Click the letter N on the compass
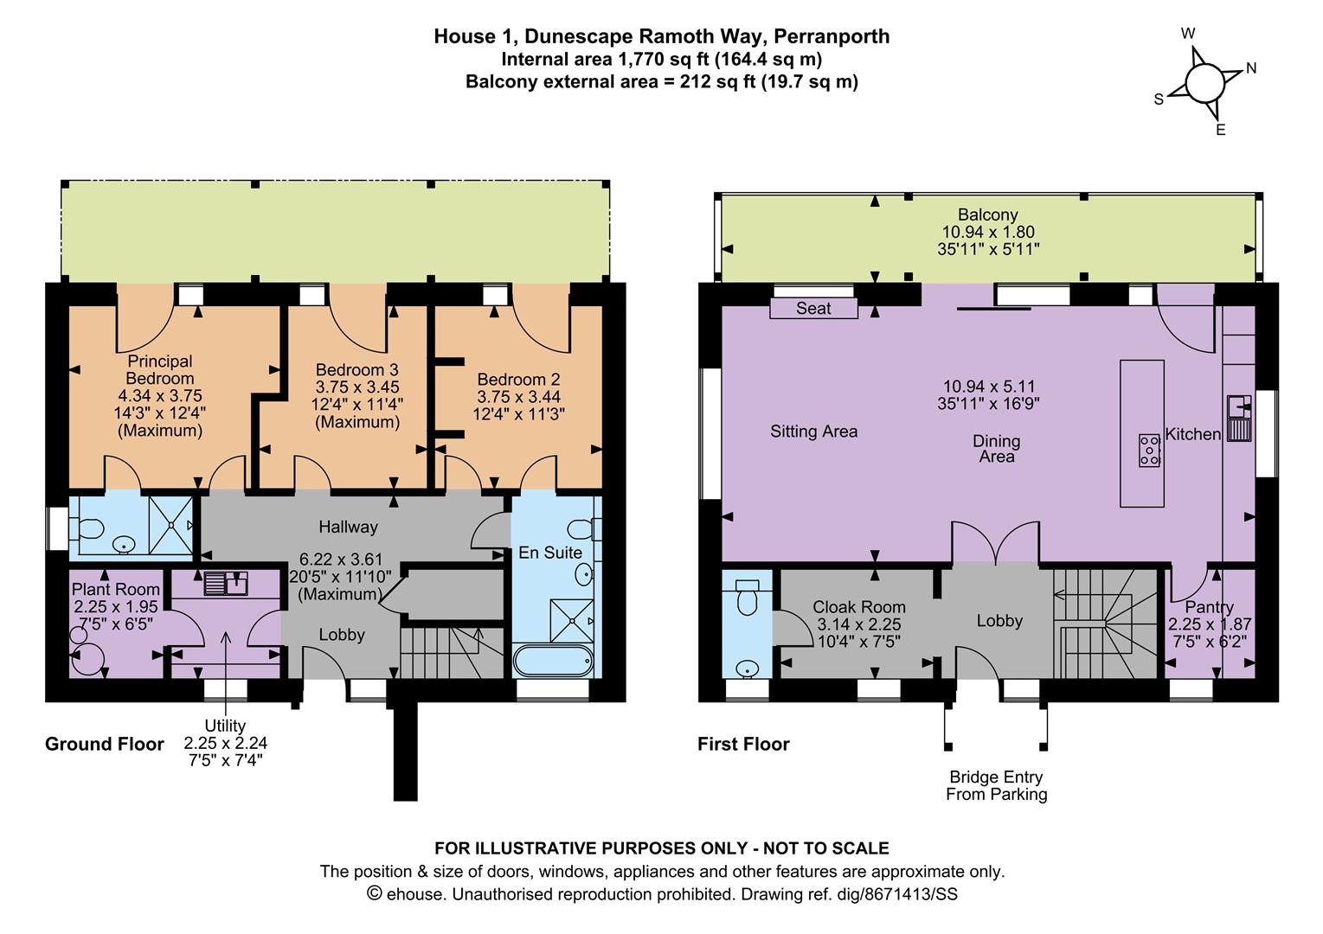tap(1251, 68)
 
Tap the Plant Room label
tap(116, 589)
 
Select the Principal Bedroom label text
tap(160, 369)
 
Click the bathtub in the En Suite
tap(554, 661)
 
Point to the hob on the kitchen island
tap(1149, 451)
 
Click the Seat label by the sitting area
tap(813, 308)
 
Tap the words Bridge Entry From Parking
tap(997, 785)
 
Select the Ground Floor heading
tap(105, 744)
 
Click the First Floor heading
tap(743, 744)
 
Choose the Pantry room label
tap(1209, 607)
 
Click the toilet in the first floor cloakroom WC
tap(747, 597)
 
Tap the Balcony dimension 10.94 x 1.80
tap(988, 232)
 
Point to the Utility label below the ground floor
tap(225, 725)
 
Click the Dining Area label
tap(997, 449)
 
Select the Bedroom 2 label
tap(518, 379)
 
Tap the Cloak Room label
tap(858, 607)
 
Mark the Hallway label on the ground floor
tap(348, 527)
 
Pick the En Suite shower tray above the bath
tap(572, 620)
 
